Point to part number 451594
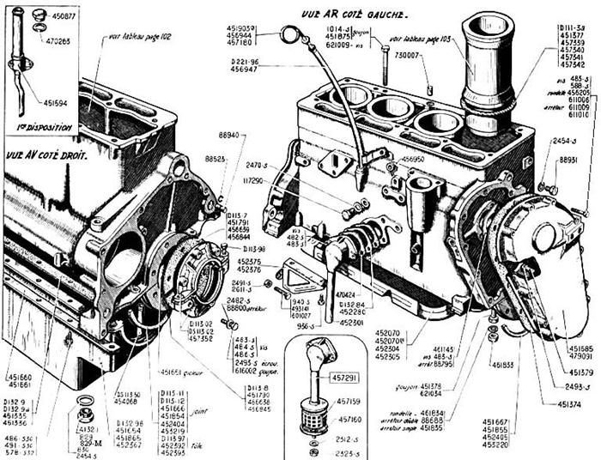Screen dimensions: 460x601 pyautogui.click(x=52, y=102)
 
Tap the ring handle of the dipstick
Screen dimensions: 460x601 pyautogui.click(x=292, y=35)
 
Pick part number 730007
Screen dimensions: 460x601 pyautogui.click(x=410, y=55)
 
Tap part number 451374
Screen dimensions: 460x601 pyautogui.click(x=572, y=403)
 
